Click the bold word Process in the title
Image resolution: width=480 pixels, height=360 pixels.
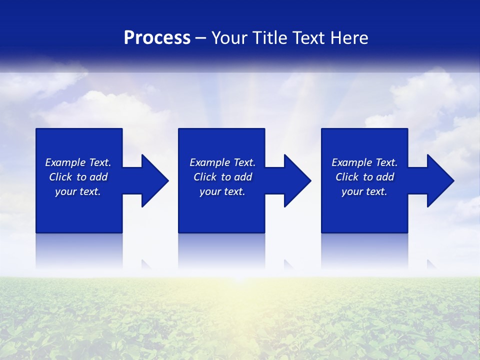click(x=157, y=38)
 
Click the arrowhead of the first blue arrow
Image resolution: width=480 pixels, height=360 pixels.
click(x=154, y=180)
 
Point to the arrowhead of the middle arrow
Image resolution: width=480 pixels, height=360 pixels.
click(x=297, y=180)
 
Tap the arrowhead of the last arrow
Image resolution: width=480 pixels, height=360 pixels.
click(x=440, y=180)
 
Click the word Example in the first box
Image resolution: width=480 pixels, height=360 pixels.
click(x=65, y=162)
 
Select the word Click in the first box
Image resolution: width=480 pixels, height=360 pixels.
click(x=60, y=177)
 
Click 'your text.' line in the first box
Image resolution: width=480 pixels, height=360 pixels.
click(x=78, y=191)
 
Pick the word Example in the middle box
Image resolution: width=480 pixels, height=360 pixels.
click(x=210, y=162)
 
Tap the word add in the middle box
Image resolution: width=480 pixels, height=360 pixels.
click(x=243, y=177)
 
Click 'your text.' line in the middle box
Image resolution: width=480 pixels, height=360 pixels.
click(x=222, y=191)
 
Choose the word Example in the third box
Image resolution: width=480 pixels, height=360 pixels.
click(x=352, y=162)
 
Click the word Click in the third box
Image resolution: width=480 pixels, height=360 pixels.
click(x=347, y=177)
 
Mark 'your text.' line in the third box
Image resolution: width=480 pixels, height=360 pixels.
click(x=364, y=191)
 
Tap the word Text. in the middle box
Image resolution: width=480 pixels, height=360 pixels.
click(x=243, y=162)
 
